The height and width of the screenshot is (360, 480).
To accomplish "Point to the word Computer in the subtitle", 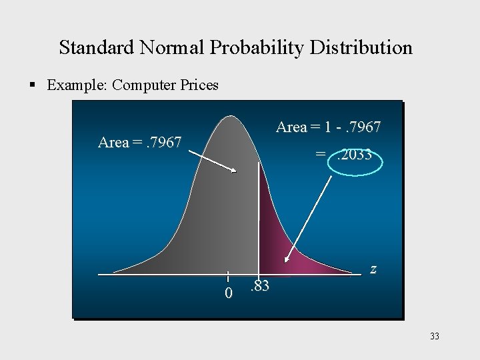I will tap(145, 85).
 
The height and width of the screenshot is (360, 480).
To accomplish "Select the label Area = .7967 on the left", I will tap(139, 142).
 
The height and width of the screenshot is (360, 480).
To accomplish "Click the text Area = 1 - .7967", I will tap(328, 127).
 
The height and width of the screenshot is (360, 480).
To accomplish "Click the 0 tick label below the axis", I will tap(228, 293).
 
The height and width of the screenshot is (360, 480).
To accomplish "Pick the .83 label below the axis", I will tap(259, 287).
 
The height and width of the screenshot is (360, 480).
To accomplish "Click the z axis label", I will tap(373, 269).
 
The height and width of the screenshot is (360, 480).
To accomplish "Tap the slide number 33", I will tap(435, 337).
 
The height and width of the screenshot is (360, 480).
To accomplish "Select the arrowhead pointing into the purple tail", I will tap(287, 261).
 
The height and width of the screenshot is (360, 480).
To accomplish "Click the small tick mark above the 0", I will tap(228, 277).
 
